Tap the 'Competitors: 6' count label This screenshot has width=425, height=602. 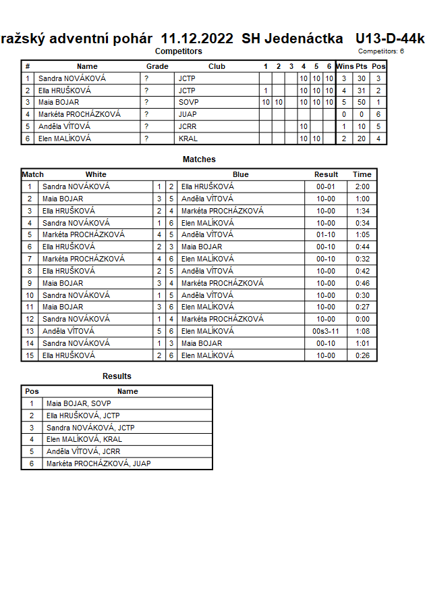click(x=381, y=51)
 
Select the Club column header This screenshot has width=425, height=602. click(x=217, y=66)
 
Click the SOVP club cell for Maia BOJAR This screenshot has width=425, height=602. click(x=188, y=103)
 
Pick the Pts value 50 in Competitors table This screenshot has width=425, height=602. click(x=362, y=103)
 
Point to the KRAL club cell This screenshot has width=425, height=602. click(x=188, y=139)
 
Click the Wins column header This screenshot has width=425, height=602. click(x=345, y=66)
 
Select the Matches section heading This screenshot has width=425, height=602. click(x=199, y=159)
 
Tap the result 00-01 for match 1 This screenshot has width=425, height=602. click(x=326, y=186)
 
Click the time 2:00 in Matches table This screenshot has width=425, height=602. click(x=362, y=186)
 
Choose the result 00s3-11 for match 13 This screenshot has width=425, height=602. click(x=326, y=331)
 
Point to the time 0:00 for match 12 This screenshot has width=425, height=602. click(x=362, y=319)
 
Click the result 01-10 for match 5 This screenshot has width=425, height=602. click(x=326, y=235)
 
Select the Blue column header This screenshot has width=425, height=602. click(x=240, y=174)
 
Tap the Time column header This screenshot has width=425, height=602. click(x=362, y=174)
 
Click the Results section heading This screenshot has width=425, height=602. click(x=117, y=376)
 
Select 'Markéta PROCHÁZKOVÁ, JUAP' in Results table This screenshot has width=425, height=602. click(x=98, y=463)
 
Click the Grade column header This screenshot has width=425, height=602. click(x=157, y=66)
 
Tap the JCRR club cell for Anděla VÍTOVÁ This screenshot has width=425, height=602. click(x=188, y=127)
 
